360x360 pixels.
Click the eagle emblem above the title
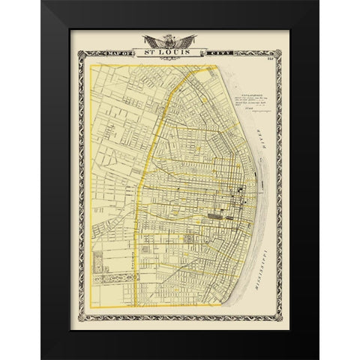point(178,40)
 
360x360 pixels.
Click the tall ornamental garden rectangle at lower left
point(97,262)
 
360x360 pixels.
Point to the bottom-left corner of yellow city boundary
point(90,307)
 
